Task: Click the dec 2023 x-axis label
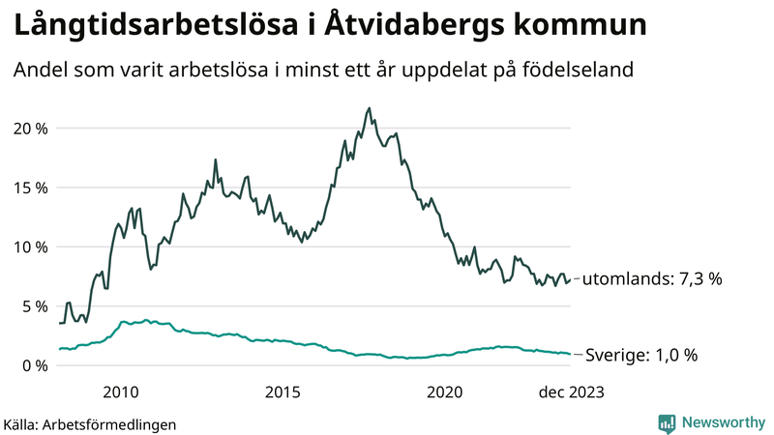(x=572, y=391)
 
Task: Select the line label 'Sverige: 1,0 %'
(x=640, y=356)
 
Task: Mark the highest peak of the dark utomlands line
(x=370, y=108)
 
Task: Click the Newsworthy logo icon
(x=667, y=422)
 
